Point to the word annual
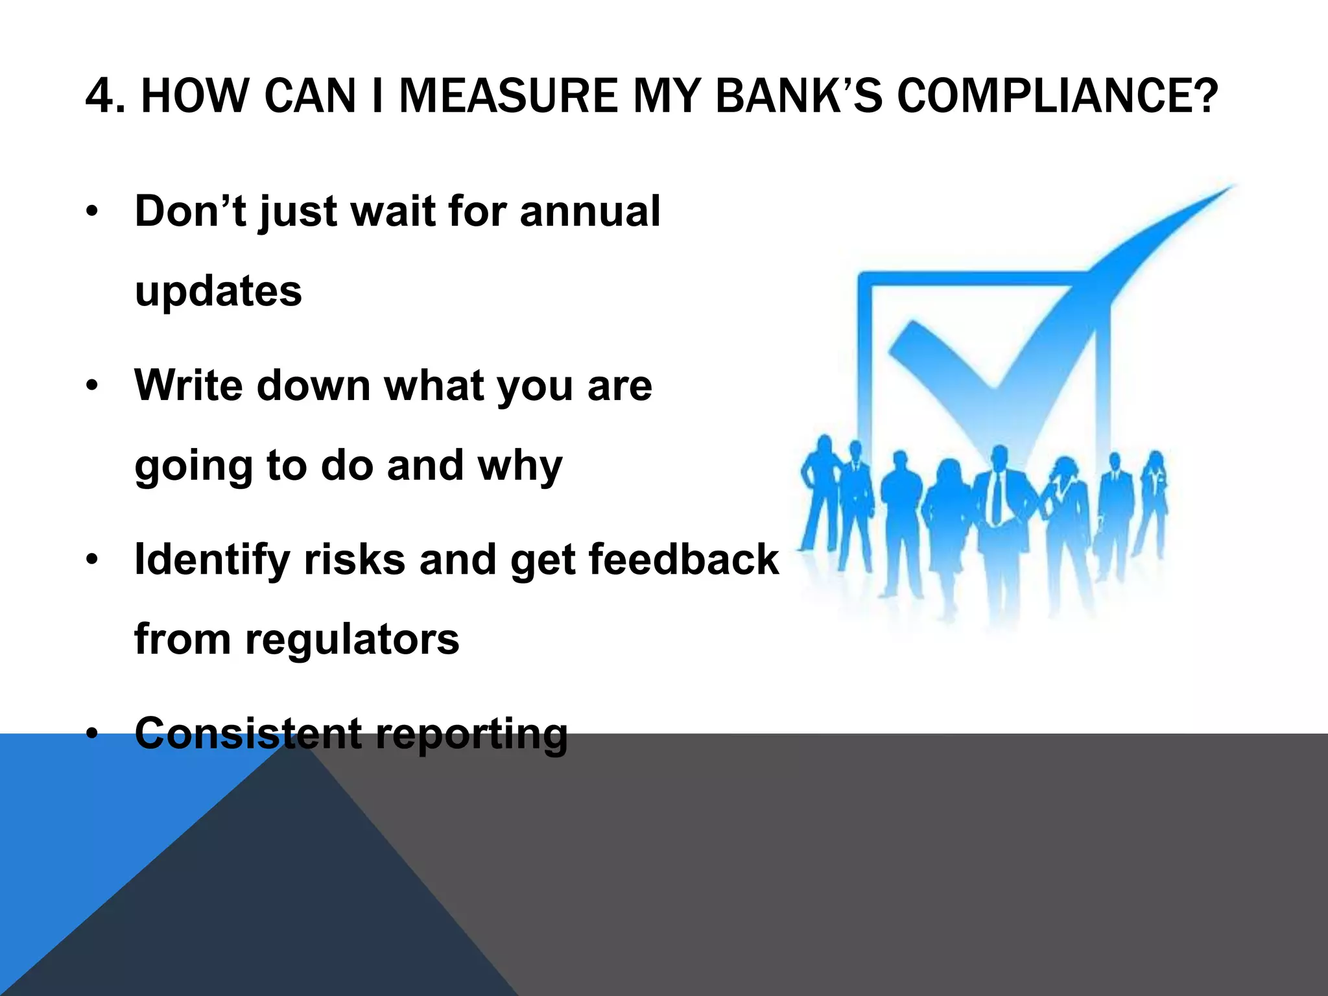[x=589, y=211]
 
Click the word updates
[x=218, y=292]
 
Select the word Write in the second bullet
[x=189, y=385]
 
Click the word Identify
[x=212, y=559]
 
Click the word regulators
[x=352, y=639]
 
